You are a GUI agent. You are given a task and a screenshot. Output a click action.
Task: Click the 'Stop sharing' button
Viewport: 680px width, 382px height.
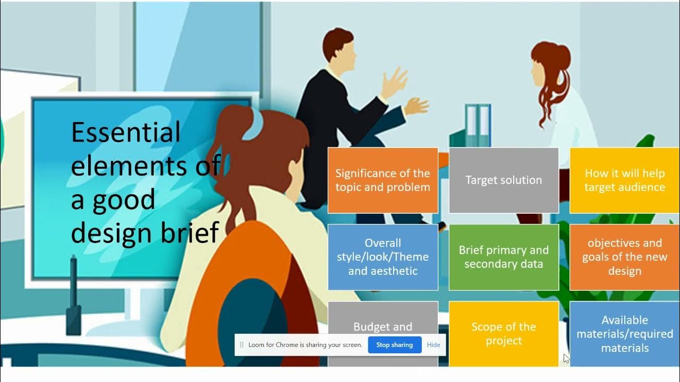(x=394, y=345)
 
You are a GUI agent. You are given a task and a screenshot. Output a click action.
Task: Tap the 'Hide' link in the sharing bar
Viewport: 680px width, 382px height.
(x=433, y=345)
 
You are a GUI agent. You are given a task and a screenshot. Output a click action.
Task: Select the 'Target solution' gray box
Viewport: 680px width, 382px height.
(x=504, y=180)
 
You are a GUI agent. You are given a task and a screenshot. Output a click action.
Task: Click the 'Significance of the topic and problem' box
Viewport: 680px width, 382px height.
(x=382, y=180)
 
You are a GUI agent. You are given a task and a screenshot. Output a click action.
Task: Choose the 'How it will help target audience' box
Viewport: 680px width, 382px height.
(x=625, y=180)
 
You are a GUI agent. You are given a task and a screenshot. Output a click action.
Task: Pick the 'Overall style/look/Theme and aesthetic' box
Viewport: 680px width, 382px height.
(x=382, y=257)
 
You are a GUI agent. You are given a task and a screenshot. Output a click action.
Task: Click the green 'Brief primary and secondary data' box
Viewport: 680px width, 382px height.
(x=504, y=257)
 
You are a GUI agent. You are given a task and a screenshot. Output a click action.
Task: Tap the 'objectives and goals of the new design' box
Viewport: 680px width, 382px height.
(x=625, y=257)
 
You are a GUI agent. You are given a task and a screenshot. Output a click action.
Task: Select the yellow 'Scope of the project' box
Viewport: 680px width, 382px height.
(x=504, y=334)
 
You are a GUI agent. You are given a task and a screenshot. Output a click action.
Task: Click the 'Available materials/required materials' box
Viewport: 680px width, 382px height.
(x=625, y=334)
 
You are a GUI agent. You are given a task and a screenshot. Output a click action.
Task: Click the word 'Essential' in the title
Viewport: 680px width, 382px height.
(x=126, y=132)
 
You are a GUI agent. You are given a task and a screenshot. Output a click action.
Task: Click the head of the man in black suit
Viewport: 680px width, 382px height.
(x=338, y=45)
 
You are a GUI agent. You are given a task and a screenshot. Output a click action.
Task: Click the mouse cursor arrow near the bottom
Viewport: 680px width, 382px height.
(x=566, y=359)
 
